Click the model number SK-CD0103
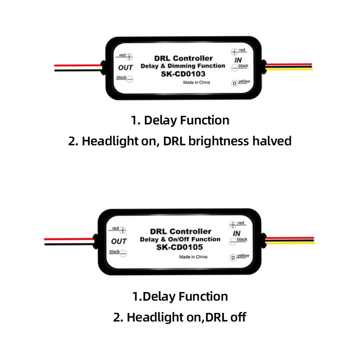182,74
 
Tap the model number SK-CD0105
179,247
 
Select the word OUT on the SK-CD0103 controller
126,67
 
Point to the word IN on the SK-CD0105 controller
236,233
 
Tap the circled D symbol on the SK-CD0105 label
233,257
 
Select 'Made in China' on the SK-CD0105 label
193,256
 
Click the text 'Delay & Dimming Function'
183,66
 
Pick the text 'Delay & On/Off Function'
180,239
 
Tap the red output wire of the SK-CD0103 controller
77,66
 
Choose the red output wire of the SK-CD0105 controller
68,239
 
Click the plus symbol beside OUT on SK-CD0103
129,57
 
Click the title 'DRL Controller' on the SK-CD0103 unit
183,58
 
